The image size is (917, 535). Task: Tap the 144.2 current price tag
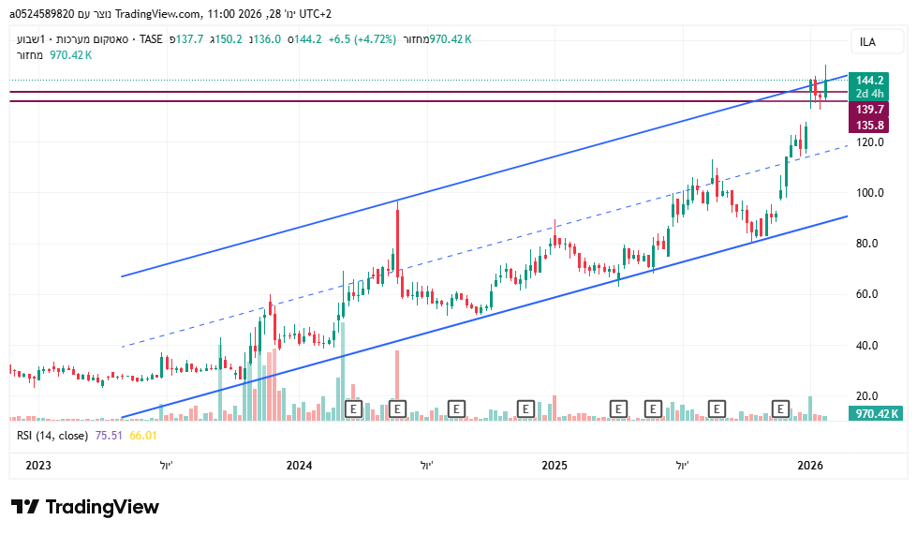870,81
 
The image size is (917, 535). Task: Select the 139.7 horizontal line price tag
870,110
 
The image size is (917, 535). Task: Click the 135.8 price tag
870,125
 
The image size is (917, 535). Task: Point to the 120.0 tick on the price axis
870,142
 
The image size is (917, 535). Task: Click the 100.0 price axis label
870,193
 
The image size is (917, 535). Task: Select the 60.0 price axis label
870,294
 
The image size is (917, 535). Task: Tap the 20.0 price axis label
870,395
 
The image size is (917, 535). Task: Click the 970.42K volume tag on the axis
877,413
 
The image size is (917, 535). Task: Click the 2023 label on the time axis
38,465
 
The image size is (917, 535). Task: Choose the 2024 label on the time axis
300,465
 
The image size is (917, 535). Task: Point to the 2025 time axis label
555,465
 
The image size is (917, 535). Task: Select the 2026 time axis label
810,465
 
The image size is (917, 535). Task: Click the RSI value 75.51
109,436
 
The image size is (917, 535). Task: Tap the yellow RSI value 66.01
142,436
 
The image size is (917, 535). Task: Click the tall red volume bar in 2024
397,384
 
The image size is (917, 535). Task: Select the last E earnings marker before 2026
780,409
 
